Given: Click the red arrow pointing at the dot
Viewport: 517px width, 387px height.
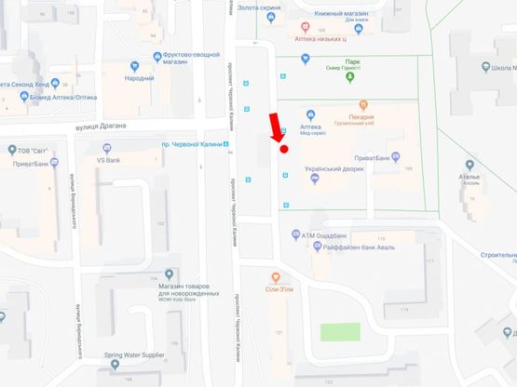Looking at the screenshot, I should point(275,128).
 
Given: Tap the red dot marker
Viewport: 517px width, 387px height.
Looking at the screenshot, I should point(283,148).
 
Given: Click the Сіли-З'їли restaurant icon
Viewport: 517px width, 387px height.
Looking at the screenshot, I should point(275,277).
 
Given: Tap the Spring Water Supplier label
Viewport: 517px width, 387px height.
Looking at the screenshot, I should point(134,354).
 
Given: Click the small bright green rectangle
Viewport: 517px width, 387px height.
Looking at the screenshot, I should point(340,331).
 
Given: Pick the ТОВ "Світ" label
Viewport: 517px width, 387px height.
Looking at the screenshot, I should point(36,150).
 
